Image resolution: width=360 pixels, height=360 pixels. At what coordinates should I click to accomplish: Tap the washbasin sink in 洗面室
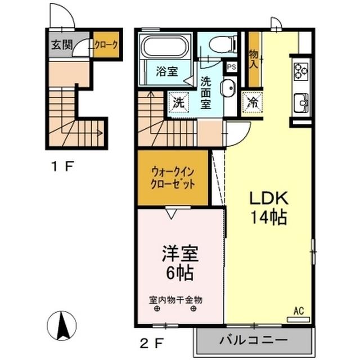(228, 89)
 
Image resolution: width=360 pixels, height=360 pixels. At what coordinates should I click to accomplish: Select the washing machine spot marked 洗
(178, 103)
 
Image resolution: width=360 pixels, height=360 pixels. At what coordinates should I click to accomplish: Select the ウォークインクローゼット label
(173, 177)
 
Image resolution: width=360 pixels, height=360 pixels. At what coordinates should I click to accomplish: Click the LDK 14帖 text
(268, 207)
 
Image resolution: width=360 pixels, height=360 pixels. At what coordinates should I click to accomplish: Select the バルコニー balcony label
(253, 340)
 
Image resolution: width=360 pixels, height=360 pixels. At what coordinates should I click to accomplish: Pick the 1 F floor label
(60, 167)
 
